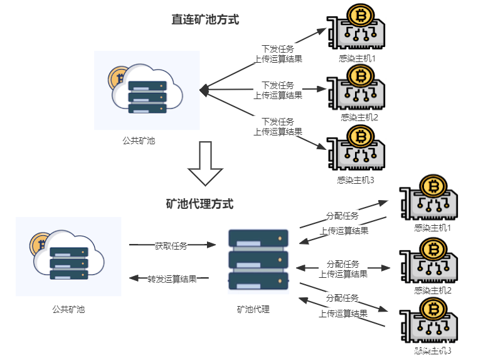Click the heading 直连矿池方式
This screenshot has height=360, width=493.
coord(205,19)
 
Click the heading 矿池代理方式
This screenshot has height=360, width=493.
coord(199,204)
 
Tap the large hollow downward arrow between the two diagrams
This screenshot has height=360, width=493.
coord(205,164)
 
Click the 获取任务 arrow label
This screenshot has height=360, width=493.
coord(171,246)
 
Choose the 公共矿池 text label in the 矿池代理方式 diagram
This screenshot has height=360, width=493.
coord(68,309)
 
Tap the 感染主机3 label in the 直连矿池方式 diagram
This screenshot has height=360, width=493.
coord(355,180)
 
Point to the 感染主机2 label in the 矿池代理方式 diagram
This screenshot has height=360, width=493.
coord(433,290)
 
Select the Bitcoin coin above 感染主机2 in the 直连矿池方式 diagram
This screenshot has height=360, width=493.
coord(361,77)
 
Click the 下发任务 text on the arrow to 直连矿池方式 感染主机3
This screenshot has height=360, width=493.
coord(278,122)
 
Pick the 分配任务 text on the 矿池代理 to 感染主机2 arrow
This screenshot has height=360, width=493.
coord(343,263)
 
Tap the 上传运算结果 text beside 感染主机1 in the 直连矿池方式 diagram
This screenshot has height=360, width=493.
coord(278,59)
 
